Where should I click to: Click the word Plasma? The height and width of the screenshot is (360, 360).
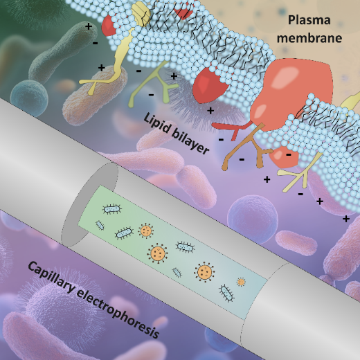coord(309,20)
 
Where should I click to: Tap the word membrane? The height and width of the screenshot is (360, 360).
coord(309,38)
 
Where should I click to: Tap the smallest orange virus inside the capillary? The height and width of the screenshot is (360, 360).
coord(241,282)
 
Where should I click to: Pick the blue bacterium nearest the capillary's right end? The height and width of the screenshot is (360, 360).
coord(227,293)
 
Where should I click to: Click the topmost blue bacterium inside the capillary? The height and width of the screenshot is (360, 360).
coord(112,209)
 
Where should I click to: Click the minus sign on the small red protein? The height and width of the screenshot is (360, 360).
coord(289,154)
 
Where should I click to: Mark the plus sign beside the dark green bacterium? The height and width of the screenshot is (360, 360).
coord(89,26)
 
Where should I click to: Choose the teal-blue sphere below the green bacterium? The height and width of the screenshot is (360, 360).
coord(30,98)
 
